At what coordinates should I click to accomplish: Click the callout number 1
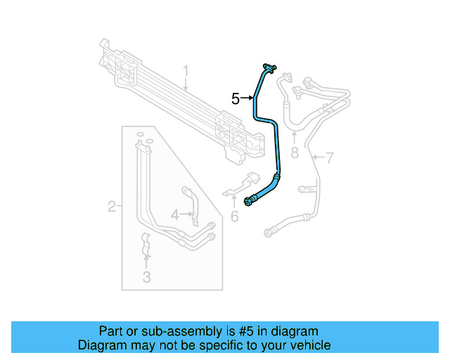[186, 71]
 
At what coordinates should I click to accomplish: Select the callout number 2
[111, 206]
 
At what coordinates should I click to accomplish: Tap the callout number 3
[146, 277]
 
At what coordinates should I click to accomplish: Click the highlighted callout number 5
[236, 98]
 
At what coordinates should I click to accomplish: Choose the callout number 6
[235, 217]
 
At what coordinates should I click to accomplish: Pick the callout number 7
[329, 157]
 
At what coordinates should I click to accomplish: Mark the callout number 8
[294, 153]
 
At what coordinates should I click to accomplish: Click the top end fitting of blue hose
[269, 67]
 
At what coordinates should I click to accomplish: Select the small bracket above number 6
[240, 187]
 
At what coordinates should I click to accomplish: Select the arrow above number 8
[294, 138]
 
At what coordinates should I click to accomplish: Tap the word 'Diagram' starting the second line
[101, 345]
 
